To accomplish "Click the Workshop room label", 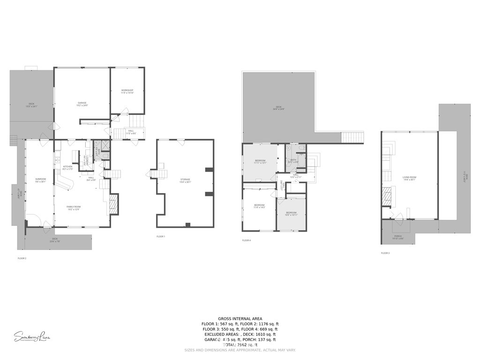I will (x=127, y=91).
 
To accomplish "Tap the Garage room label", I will (x=82, y=104).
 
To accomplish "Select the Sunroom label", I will (x=40, y=180).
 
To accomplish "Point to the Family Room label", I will (x=73, y=208).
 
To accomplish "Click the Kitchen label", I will (x=67, y=168).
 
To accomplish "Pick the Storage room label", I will (x=185, y=180).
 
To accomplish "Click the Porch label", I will (x=398, y=237).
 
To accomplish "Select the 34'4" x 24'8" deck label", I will (x=278, y=108).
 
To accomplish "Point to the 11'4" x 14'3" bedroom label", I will (x=259, y=206).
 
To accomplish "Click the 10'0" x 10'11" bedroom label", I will (x=292, y=214).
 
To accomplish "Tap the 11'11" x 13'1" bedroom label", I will (x=260, y=162).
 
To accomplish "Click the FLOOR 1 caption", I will (x=161, y=237).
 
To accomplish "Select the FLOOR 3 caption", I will (x=385, y=253).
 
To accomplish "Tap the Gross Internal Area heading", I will (x=240, y=318).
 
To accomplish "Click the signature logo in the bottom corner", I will (x=32, y=336).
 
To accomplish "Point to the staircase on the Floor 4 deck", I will (x=352, y=137).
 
